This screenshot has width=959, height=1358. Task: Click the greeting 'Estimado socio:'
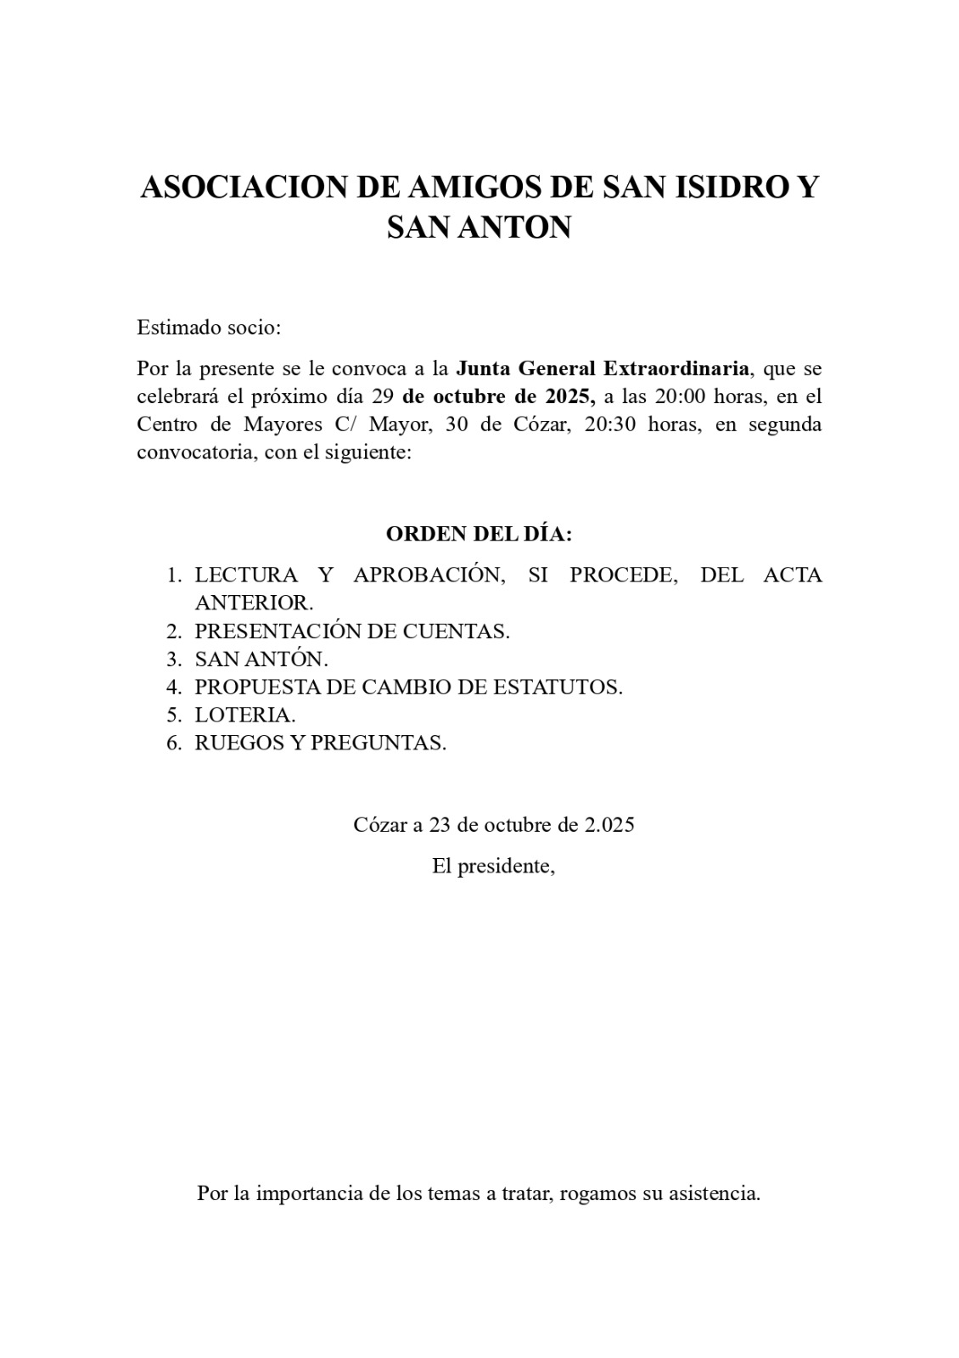(209, 328)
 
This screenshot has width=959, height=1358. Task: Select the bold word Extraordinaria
(676, 368)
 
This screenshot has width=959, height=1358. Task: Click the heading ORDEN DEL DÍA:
(479, 534)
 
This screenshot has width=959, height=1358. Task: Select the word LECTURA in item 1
(246, 575)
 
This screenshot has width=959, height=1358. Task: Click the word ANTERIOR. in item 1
(254, 603)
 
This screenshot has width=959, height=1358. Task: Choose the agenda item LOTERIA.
(244, 715)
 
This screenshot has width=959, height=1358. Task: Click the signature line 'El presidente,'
(493, 867)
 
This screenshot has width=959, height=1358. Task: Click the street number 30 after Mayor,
(457, 424)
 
